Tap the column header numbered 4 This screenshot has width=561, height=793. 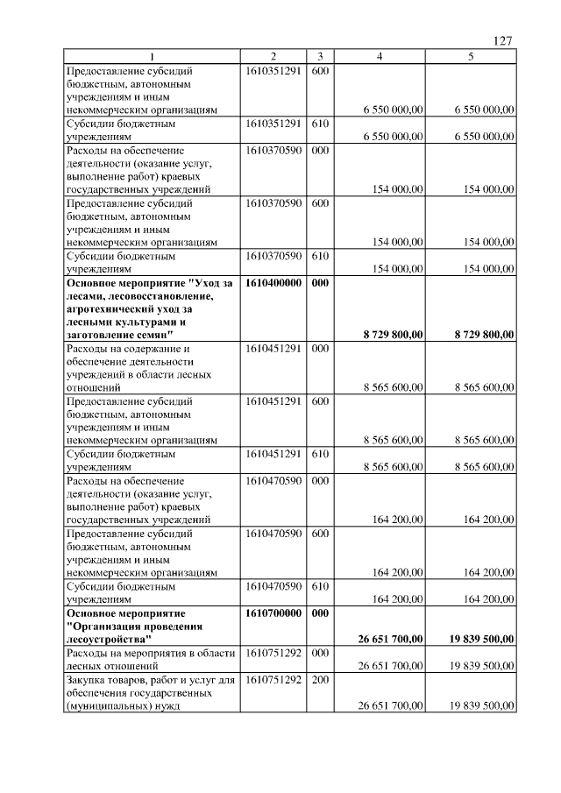pyautogui.click(x=379, y=57)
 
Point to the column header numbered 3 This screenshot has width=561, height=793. pyautogui.click(x=320, y=57)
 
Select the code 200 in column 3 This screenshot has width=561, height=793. pyautogui.click(x=320, y=679)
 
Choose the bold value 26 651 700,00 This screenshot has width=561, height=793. pyautogui.click(x=391, y=639)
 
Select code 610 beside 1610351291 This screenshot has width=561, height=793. pyautogui.click(x=320, y=124)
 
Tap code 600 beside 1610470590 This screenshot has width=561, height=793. pyautogui.click(x=320, y=532)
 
